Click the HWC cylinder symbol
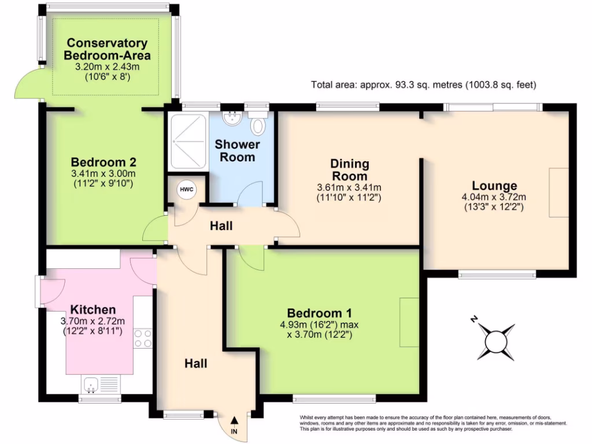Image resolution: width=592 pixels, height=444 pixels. coord(187,189)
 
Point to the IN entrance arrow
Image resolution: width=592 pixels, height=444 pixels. coord(234,420)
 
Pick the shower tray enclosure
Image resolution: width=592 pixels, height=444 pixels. coord(188,141)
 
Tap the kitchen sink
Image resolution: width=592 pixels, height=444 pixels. coord(100,384)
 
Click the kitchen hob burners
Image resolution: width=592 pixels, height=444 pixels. coord(143,338)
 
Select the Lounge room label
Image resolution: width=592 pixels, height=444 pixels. coord(494,186)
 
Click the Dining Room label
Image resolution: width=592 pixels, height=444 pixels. coord(349,169)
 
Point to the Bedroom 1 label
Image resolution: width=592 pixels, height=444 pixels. coord(319,313)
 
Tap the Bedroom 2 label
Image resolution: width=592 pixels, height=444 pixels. coord(103,162)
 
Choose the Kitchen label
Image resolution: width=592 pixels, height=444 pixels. coord(93,310)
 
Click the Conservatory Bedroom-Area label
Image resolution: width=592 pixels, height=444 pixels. coord(107,49)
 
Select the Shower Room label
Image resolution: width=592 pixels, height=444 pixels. coord(237,151)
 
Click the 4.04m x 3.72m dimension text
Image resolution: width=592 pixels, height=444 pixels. coord(494,197)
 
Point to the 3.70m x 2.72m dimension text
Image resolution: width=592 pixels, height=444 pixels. coord(92,321)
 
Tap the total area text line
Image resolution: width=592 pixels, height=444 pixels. coord(424,84)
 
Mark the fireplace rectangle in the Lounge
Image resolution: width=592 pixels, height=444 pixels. coord(559,193)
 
